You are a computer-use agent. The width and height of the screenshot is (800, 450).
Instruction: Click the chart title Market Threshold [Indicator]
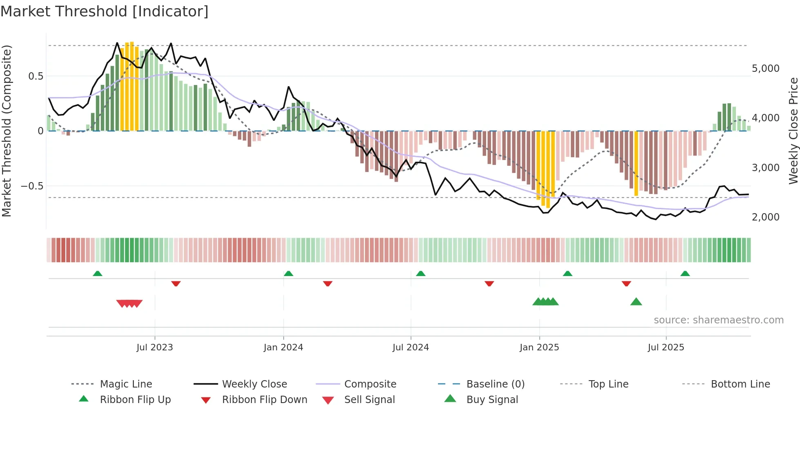coord(104,11)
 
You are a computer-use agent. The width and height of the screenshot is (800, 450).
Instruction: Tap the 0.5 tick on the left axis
coord(36,76)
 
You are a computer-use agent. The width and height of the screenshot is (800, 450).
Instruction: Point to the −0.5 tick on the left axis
coord(32,186)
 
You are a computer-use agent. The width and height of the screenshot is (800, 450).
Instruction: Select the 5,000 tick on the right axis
coord(765,69)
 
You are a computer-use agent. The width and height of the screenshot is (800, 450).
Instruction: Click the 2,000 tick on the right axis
coord(765,217)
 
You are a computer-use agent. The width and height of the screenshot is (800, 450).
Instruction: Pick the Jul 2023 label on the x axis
coord(155,348)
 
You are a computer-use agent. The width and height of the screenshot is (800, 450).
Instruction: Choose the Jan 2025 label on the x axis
coord(539,348)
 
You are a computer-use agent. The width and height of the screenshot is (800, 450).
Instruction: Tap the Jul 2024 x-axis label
coord(411,348)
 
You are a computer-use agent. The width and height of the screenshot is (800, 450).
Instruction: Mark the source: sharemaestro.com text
coord(718,320)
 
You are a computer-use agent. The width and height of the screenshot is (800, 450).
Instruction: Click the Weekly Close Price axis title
coord(793,131)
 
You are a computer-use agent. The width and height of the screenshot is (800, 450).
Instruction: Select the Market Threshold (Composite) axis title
coord(7,131)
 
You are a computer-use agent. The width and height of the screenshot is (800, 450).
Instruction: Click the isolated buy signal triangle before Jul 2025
coord(636,302)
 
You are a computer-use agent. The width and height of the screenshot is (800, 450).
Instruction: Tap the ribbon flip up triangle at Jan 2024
coord(289,273)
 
